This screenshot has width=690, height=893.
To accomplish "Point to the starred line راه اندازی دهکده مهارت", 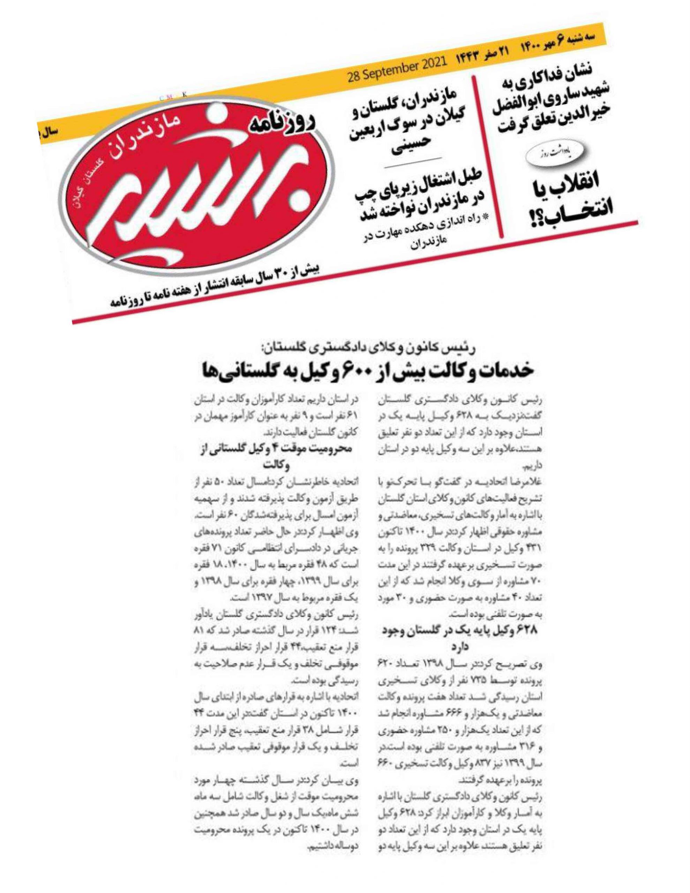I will tap(429, 235).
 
